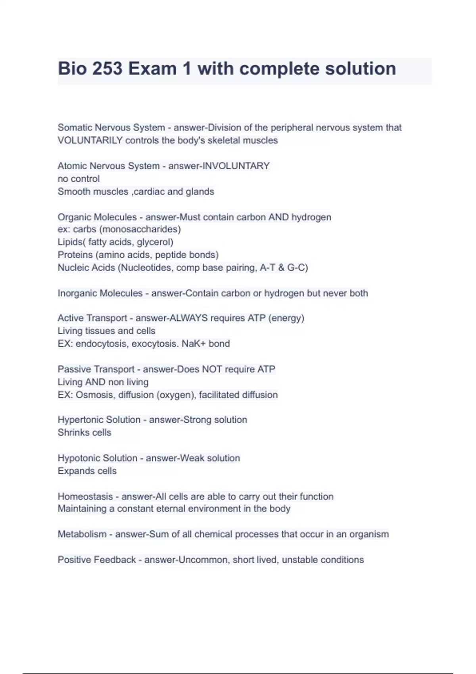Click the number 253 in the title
pyautogui.click(x=107, y=69)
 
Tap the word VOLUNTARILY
pyautogui.click(x=90, y=140)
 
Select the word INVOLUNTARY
pyautogui.click(x=236, y=166)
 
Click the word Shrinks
pyautogui.click(x=73, y=433)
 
